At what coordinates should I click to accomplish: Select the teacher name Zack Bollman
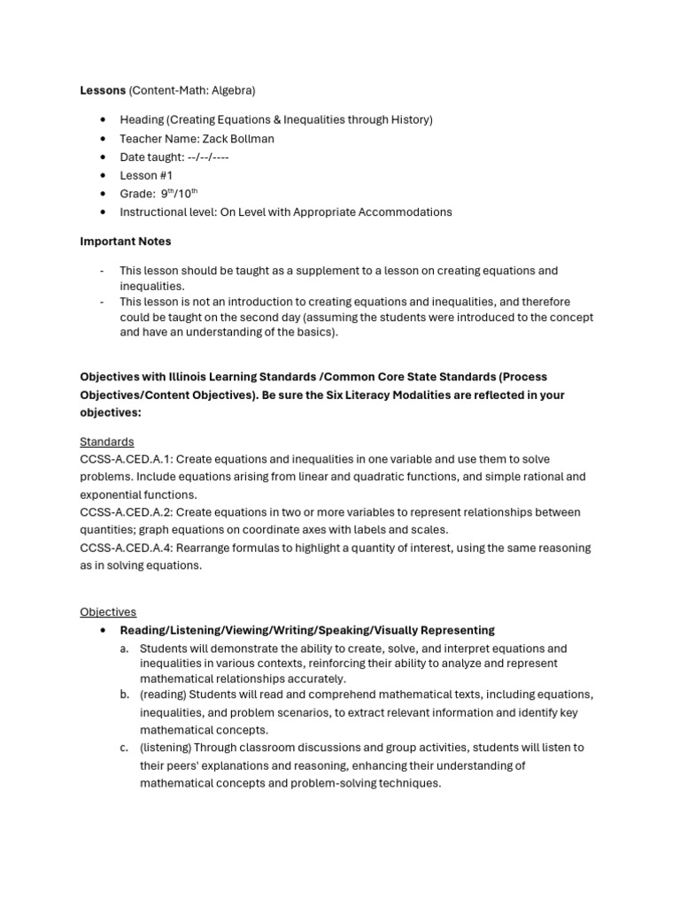coord(238,139)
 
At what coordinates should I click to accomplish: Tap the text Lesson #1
coord(146,175)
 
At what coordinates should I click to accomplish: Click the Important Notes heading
coord(126,241)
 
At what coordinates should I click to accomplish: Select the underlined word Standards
coord(107,441)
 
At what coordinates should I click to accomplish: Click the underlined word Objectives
coord(108,611)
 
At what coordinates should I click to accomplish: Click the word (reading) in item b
coord(165,694)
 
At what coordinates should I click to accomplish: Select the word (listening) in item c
coord(166,747)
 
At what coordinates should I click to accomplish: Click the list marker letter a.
coord(124,649)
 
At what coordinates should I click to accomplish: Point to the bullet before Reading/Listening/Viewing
coord(104,630)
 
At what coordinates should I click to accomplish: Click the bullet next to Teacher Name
coord(104,139)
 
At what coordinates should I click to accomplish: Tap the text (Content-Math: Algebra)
coord(192,90)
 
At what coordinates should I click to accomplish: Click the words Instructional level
coord(165,211)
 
